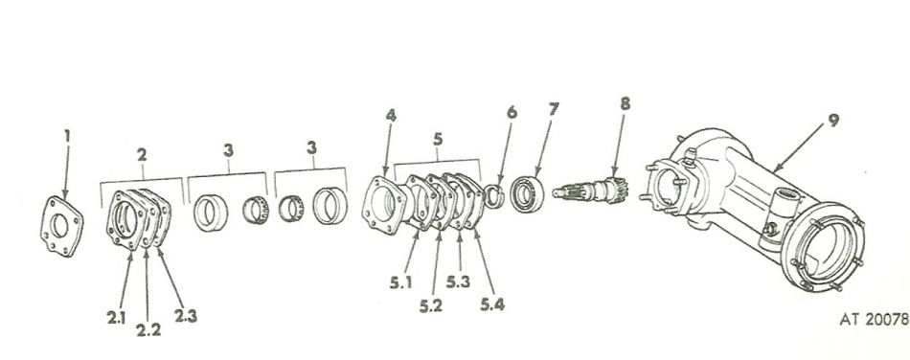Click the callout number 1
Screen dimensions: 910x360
click(x=66, y=137)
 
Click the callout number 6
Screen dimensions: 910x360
click(x=512, y=113)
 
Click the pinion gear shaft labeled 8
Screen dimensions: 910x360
click(x=595, y=190)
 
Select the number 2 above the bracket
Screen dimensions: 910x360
click(x=142, y=154)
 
